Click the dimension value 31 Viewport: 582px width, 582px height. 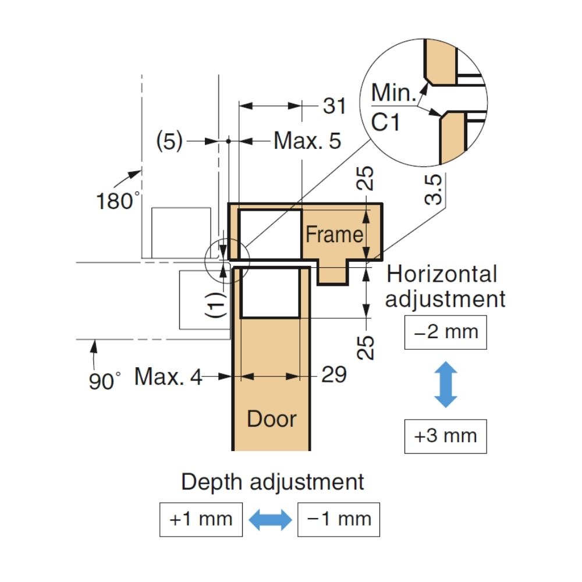coord(334,107)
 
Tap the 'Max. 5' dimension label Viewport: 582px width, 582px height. coord(307,141)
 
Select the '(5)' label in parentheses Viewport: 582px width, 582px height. coord(169,141)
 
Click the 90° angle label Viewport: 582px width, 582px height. coord(105,382)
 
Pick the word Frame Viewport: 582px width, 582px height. coord(334,235)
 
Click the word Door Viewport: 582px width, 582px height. coord(272,419)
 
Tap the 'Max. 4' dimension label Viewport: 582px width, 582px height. coord(168,377)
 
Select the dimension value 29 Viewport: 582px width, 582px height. coord(334,375)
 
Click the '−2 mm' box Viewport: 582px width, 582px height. coord(445,332)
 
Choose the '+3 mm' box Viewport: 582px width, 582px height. coord(445,435)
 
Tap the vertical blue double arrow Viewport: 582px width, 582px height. coord(446,384)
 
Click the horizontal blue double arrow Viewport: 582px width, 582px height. coord(270,519)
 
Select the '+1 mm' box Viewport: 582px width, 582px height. coord(201,519)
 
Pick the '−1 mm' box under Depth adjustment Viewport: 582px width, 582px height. coord(338,519)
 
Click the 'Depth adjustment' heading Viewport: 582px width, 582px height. coord(272,482)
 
